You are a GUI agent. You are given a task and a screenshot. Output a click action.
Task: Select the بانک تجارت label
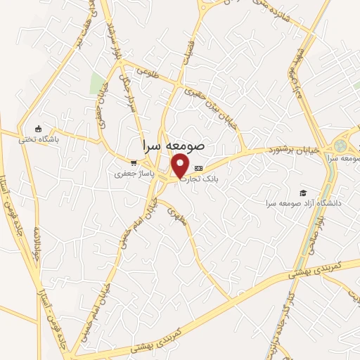click(x=199, y=179)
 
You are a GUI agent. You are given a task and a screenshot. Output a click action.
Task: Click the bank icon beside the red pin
click(x=198, y=168)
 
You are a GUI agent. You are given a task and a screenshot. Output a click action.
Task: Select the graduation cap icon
click(x=303, y=192)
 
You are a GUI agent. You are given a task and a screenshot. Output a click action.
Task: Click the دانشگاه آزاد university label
click(x=303, y=202)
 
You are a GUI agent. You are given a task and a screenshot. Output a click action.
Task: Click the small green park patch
click(x=96, y=82)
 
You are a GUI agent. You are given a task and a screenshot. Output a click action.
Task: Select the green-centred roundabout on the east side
click(x=340, y=146)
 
